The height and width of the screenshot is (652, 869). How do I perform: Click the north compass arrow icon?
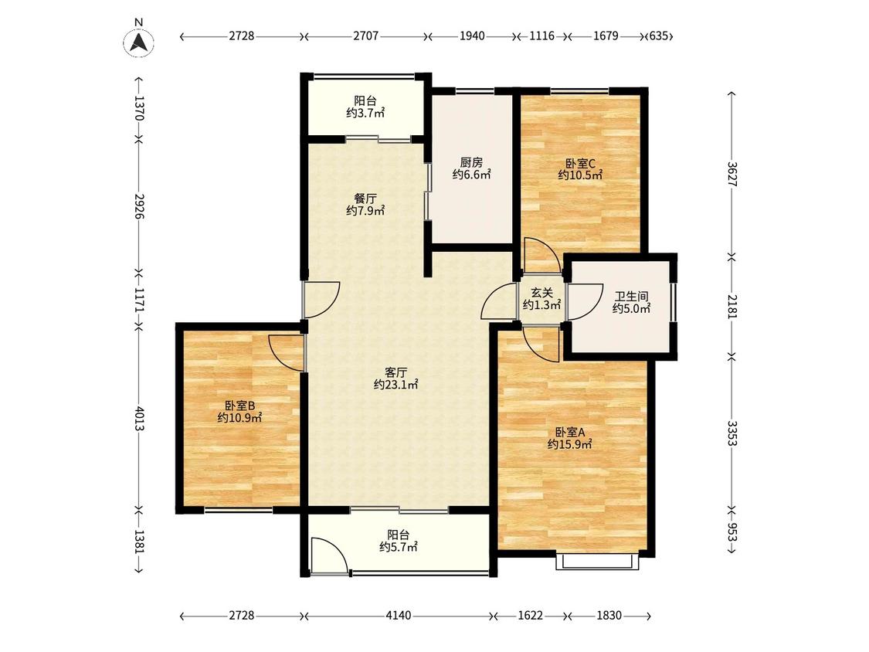138,42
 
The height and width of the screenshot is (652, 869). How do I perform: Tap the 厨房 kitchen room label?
471,162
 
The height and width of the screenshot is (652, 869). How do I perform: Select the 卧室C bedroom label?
580,164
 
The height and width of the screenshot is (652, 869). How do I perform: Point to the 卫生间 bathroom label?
631,297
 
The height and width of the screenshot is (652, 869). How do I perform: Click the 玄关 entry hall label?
542,293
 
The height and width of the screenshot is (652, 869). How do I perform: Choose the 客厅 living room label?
395,372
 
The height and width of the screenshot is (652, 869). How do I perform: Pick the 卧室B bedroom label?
239,406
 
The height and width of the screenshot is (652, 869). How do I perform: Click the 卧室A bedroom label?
570,432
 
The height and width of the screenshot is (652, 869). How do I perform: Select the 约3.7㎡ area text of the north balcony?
365,113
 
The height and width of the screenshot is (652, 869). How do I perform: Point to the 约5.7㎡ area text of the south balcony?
399,547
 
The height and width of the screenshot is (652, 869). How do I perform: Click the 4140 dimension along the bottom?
399,616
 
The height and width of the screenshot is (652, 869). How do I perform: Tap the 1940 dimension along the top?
472,36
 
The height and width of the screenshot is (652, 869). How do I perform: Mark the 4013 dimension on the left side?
138,419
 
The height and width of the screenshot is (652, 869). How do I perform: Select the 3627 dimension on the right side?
732,174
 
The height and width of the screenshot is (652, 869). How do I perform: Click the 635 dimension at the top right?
659,36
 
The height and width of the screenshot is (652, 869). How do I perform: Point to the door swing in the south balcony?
330,555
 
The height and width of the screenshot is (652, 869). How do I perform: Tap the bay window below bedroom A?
597,562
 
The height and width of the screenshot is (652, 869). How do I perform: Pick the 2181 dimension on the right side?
732,306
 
